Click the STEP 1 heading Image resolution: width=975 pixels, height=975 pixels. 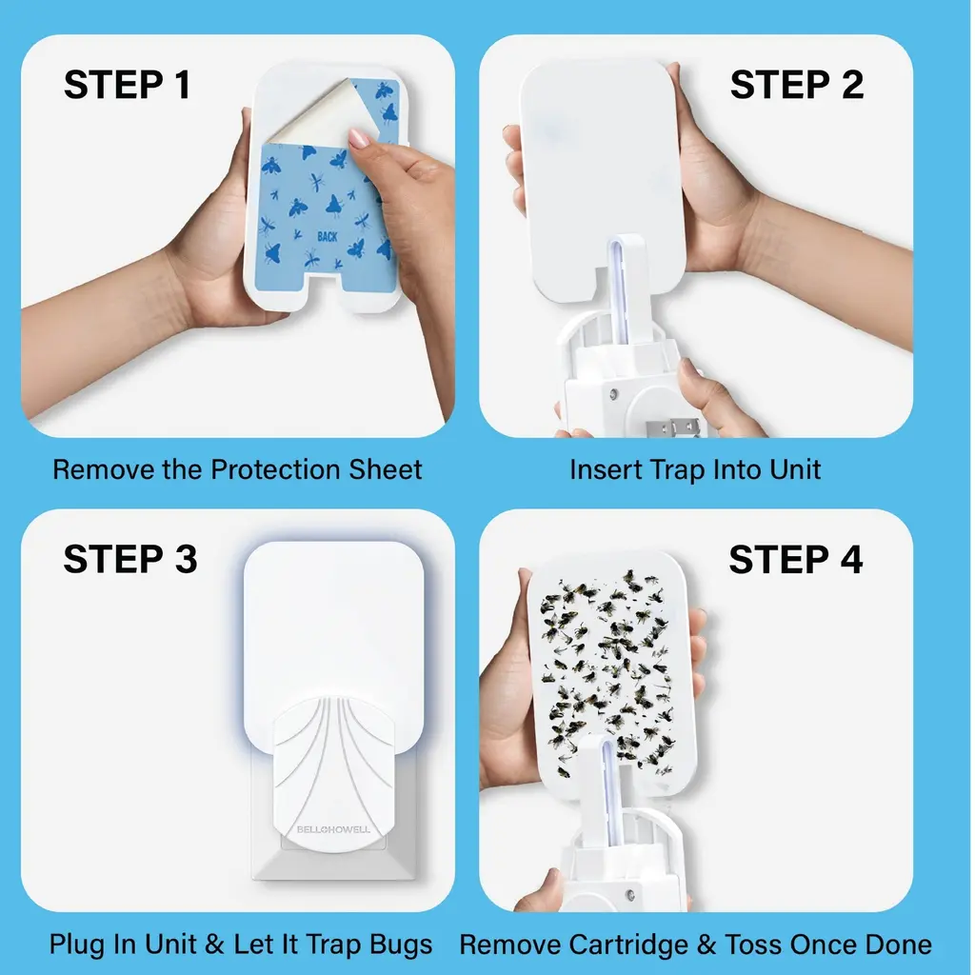(x=128, y=85)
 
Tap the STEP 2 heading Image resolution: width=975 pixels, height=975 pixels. (x=797, y=85)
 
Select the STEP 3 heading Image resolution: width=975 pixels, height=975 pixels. (x=129, y=558)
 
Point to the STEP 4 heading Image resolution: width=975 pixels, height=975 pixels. (x=796, y=559)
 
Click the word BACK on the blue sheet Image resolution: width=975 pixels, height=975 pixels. (x=328, y=236)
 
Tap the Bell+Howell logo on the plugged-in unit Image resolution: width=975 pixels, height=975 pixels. (x=333, y=829)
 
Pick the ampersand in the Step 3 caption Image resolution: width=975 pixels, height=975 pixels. (x=214, y=944)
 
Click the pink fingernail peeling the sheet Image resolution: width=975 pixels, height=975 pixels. (x=359, y=138)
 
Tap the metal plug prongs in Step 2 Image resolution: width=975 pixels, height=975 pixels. (x=673, y=428)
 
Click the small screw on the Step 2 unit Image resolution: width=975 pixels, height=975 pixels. (x=614, y=393)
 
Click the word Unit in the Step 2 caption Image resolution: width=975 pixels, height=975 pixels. (x=795, y=469)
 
